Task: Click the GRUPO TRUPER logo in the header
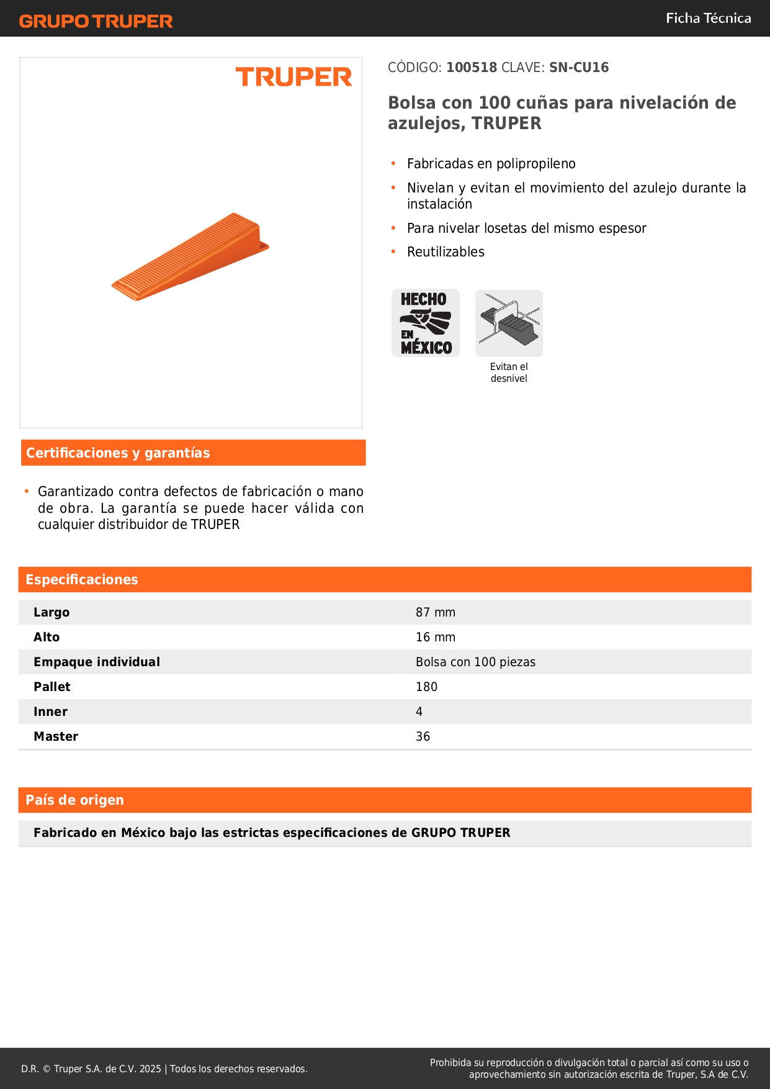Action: click(x=96, y=21)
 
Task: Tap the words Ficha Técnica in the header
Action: click(x=708, y=18)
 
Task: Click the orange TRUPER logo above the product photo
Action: click(x=293, y=77)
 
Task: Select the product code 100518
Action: click(x=472, y=68)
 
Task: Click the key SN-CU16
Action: click(x=578, y=68)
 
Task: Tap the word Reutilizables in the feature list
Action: click(x=445, y=252)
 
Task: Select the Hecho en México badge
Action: click(x=426, y=323)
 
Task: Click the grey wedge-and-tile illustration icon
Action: click(x=509, y=323)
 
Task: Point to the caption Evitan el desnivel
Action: click(x=509, y=373)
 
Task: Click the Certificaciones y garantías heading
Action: click(x=118, y=453)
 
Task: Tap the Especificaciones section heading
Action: click(x=82, y=580)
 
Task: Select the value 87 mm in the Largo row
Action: click(x=436, y=613)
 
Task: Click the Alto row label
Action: click(x=47, y=638)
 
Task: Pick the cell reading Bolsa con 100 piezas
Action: click(x=475, y=662)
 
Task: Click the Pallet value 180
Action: click(x=426, y=687)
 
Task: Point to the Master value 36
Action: click(x=423, y=737)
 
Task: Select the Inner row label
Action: click(x=50, y=712)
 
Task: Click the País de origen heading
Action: click(x=74, y=800)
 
